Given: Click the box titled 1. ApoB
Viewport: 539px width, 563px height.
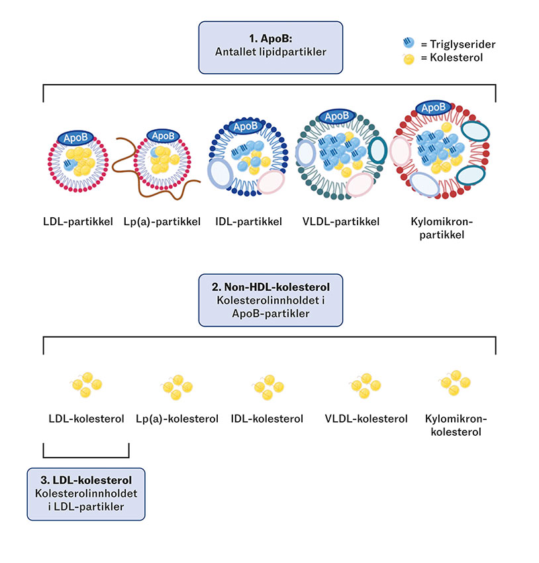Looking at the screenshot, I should (x=271, y=47).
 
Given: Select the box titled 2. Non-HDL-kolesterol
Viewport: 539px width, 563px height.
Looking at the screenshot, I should (x=271, y=299).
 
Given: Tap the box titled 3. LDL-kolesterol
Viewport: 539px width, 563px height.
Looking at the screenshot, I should (x=85, y=493).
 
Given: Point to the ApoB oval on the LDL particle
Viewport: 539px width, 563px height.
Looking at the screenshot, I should (x=75, y=136).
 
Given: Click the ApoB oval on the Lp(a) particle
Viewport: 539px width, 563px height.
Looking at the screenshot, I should (x=163, y=135).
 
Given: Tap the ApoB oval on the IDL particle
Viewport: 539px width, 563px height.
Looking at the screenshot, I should (x=245, y=126).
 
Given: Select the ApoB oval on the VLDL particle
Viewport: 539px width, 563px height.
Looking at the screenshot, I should (x=337, y=116).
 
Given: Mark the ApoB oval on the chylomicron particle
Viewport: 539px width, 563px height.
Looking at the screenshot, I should (x=434, y=107).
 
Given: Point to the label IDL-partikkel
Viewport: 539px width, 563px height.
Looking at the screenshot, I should (x=249, y=221).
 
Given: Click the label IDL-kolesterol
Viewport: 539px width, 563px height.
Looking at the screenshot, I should (x=267, y=419).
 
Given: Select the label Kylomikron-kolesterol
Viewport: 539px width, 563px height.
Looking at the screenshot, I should (x=456, y=425).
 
